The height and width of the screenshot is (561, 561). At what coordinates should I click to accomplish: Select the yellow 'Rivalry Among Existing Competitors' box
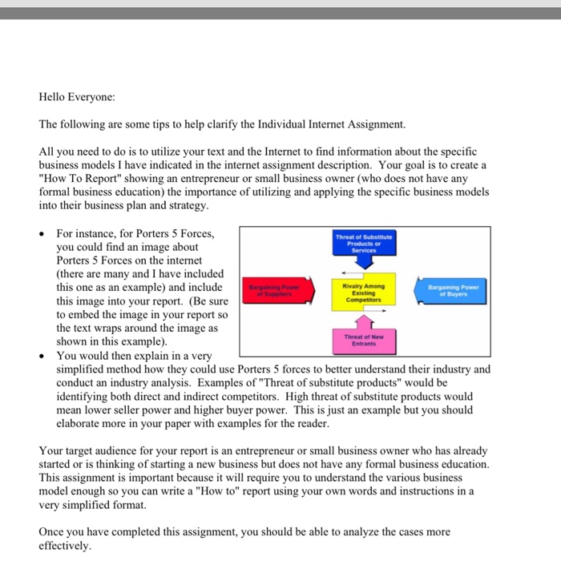point(363,293)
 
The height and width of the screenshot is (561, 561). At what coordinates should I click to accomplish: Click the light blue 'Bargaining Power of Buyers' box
point(453,289)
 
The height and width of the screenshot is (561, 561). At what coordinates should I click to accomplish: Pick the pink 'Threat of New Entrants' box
point(363,341)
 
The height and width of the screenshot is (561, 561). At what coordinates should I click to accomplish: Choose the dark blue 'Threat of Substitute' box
point(363,244)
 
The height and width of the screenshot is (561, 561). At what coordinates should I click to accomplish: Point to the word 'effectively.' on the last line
point(65,546)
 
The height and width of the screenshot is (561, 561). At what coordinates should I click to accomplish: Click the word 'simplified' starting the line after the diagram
point(82,369)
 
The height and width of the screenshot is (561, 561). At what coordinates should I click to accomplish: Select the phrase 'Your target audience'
point(89,451)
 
